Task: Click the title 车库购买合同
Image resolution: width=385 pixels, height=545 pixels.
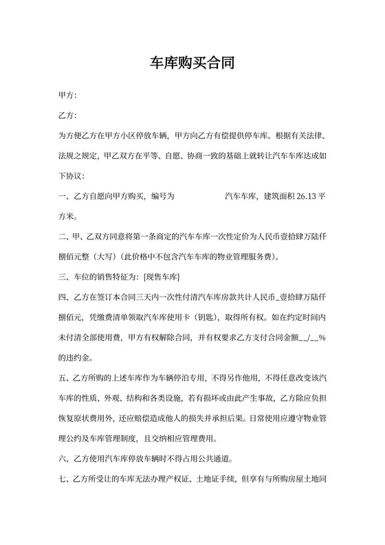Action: pos(192,64)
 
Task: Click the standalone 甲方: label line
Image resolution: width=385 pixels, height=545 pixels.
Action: pos(68,94)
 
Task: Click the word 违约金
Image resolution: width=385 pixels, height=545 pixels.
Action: pos(76,359)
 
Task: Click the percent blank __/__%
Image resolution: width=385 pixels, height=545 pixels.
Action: pos(309,338)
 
